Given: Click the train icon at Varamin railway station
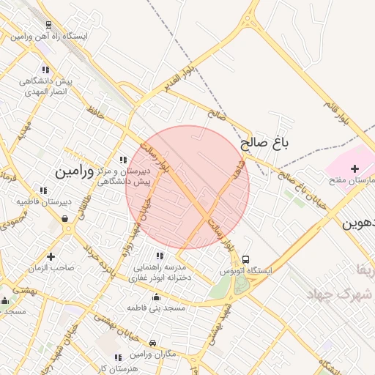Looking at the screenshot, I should point(48,25).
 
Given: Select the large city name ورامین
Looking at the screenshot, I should point(75,171).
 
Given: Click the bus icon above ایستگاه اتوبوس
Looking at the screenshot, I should point(245,259).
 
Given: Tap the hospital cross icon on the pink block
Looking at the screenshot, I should point(354,169).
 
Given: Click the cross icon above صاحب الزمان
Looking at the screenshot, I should point(51,256).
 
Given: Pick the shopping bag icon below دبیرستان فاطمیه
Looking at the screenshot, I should point(65,218).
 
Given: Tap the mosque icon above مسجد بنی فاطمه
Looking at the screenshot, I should point(156,297).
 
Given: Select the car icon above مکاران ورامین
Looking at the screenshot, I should point(152,343).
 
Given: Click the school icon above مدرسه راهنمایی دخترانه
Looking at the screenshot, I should point(158,256).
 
